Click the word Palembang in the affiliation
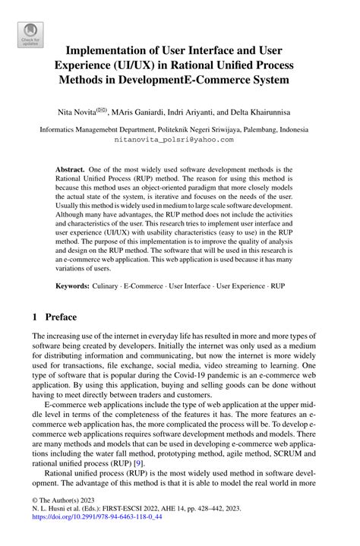[257, 130]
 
